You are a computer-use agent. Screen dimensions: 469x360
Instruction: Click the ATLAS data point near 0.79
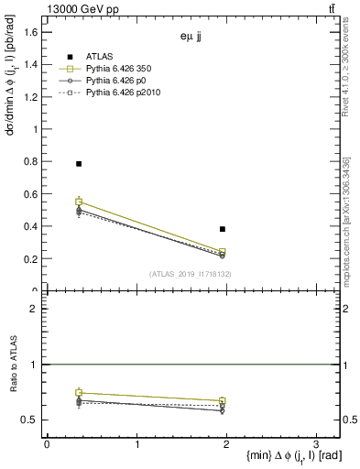pyautogui.click(x=79, y=164)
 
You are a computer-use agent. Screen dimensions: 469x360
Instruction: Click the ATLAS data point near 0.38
pyautogui.click(x=223, y=229)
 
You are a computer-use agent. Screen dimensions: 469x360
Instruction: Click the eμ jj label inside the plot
pyautogui.click(x=193, y=38)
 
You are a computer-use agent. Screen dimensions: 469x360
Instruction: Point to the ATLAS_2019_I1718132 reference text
pyautogui.click(x=191, y=274)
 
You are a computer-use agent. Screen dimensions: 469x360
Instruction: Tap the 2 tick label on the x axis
pyautogui.click(x=226, y=444)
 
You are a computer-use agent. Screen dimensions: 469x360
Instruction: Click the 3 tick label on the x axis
pyautogui.click(x=316, y=444)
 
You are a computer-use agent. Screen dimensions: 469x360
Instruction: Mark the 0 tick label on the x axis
pyautogui.click(x=47, y=444)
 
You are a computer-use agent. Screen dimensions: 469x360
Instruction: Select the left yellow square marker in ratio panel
pyautogui.click(x=79, y=393)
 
